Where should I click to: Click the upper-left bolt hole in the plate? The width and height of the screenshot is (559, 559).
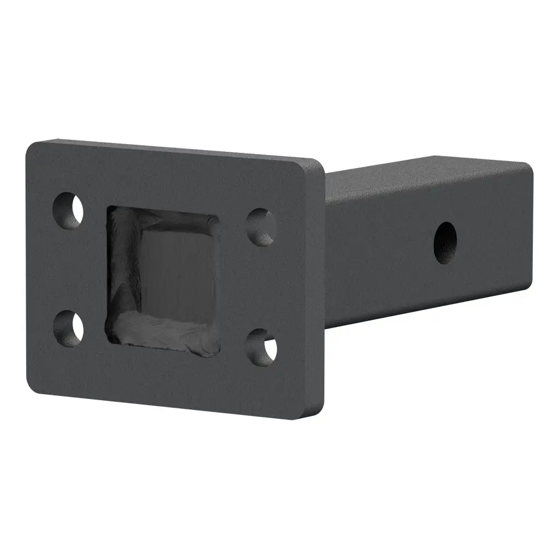69,210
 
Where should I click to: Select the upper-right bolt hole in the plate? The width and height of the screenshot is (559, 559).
261,226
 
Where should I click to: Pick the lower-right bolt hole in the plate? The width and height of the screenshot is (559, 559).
261,347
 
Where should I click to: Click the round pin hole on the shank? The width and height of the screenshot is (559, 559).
445,242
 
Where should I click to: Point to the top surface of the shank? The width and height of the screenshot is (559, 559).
426,169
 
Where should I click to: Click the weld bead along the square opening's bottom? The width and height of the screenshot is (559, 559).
164,334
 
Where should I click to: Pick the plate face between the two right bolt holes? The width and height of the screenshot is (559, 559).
261,287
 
